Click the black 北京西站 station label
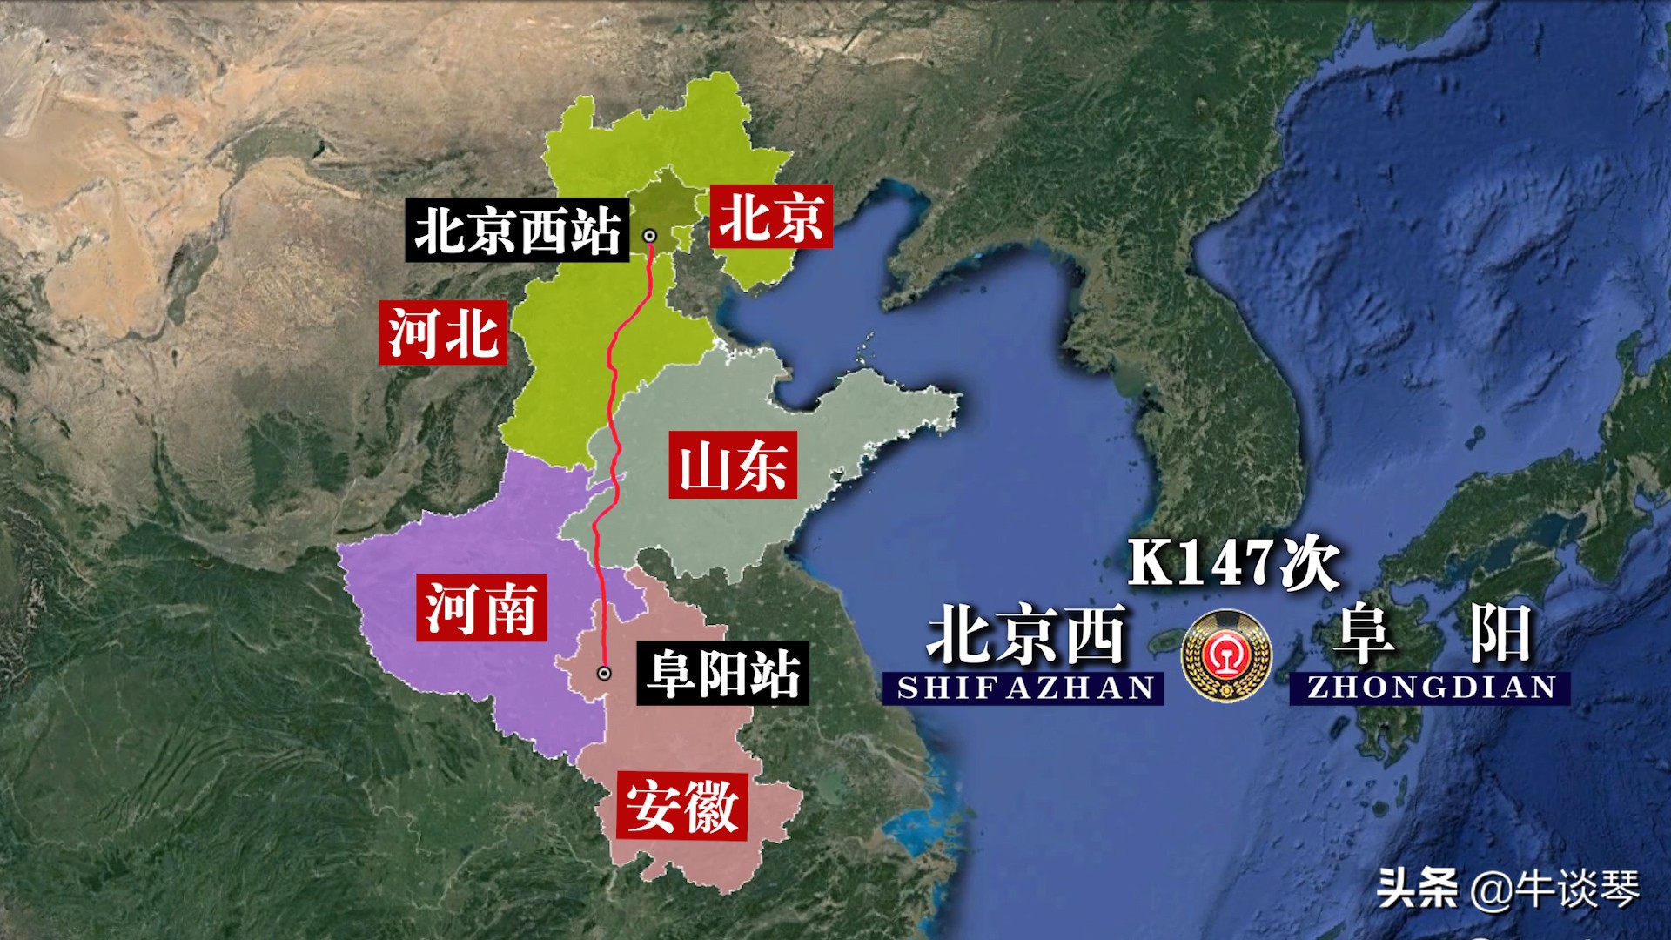(517, 232)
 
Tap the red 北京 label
(771, 217)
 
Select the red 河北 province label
(443, 332)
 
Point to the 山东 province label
(733, 466)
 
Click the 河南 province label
(481, 608)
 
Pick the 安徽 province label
(682, 806)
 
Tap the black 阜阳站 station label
(722, 673)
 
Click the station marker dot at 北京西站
(649, 236)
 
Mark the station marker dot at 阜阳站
(604, 673)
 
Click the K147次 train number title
(1234, 563)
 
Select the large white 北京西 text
(1027, 635)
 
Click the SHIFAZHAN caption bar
(1025, 688)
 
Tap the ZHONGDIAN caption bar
(1431, 687)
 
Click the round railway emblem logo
(1226, 655)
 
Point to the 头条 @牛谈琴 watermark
(1507, 889)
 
